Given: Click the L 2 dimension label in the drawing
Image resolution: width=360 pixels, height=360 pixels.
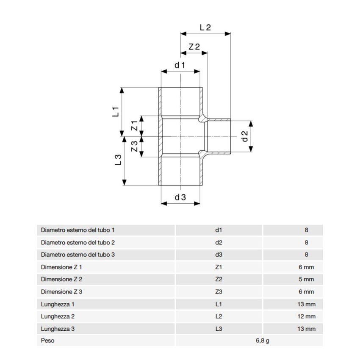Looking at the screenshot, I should click(205, 27).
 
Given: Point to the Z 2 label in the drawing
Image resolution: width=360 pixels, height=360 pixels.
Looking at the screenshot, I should click(194, 47).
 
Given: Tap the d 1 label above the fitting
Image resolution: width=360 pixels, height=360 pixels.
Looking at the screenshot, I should click(180, 65).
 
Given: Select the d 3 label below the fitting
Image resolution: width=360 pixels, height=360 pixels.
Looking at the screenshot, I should click(180, 197).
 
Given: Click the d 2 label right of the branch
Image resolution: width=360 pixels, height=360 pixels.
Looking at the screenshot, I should click(244, 136).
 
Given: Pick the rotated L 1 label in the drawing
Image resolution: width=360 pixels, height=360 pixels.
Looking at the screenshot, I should click(116, 112).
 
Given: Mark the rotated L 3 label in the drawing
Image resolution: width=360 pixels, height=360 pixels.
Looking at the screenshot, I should click(119, 160).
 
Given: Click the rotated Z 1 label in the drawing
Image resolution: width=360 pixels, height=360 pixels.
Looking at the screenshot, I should click(134, 126).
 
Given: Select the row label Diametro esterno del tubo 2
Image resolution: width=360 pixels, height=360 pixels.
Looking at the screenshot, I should click(78, 243).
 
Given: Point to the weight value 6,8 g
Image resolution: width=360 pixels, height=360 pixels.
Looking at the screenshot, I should click(262, 341).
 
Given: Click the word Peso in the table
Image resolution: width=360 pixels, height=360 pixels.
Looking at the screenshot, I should click(47, 341).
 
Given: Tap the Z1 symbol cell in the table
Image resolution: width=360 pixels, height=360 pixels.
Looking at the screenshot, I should click(219, 267).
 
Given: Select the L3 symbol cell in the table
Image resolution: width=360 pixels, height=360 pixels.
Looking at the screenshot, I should click(219, 329).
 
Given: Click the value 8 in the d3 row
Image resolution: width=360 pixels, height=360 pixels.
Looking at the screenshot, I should click(306, 255).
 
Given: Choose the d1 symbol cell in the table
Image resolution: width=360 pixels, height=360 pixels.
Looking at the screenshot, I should click(219, 230).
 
